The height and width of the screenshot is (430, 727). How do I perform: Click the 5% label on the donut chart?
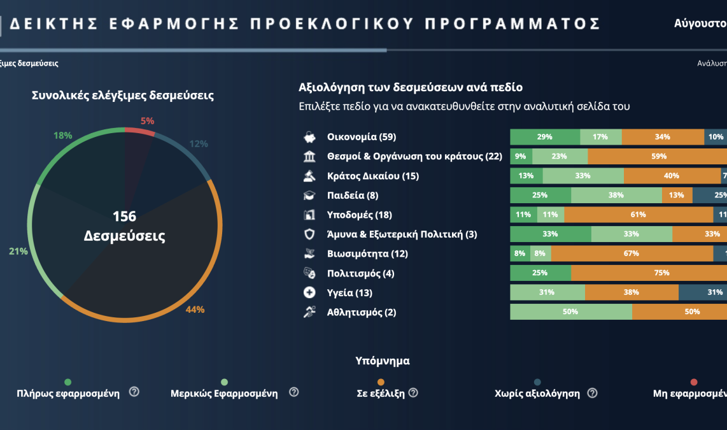pos(147,121)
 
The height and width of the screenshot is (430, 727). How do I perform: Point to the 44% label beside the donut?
pos(195,310)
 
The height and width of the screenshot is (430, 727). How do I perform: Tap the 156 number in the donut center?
pos(125,217)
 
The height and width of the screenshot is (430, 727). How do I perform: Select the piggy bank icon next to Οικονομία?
pos(309,137)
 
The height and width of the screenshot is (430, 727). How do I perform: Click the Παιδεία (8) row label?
pos(353,196)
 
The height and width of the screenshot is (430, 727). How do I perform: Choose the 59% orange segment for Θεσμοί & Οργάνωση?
pos(658,156)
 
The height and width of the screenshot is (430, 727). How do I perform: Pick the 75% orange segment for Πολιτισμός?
pos(649,273)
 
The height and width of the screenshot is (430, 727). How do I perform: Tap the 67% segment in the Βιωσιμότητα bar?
pos(632,254)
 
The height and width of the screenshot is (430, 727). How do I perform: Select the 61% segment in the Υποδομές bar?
pos(638,215)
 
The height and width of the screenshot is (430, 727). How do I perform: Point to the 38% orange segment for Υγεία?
pos(632,292)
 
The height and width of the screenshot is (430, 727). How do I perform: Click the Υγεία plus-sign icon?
pos(309,293)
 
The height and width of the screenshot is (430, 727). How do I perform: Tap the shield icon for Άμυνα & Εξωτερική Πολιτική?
pos(309,234)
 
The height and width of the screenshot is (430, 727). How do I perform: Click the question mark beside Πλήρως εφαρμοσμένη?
pos(134,392)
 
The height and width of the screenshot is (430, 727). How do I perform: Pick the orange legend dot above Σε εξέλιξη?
pos(381,382)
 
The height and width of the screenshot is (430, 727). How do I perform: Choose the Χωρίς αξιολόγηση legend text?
pos(537,394)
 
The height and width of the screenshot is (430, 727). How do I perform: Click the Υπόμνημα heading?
pos(382,361)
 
